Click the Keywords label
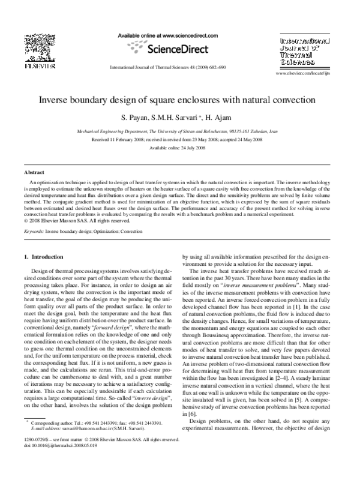pyautogui.click(x=28, y=230)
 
